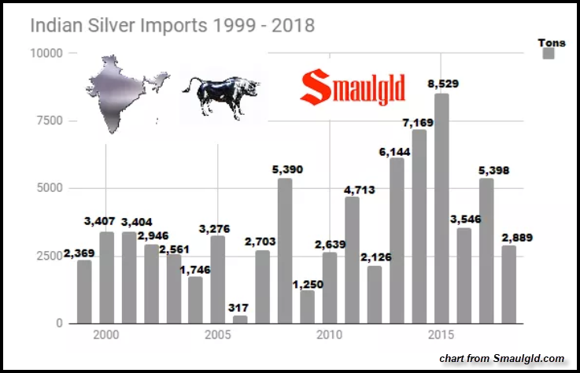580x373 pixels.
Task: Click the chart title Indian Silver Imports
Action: (x=172, y=25)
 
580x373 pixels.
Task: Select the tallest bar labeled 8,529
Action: (x=441, y=209)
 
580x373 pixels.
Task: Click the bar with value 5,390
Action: (x=285, y=250)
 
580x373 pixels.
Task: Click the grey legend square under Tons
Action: (x=549, y=54)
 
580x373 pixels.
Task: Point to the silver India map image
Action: (x=126, y=90)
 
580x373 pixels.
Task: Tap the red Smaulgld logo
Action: (x=353, y=88)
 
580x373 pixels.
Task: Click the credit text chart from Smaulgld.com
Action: (x=502, y=358)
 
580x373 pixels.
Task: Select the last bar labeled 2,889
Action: (x=509, y=284)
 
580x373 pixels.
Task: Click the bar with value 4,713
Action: (x=352, y=260)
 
